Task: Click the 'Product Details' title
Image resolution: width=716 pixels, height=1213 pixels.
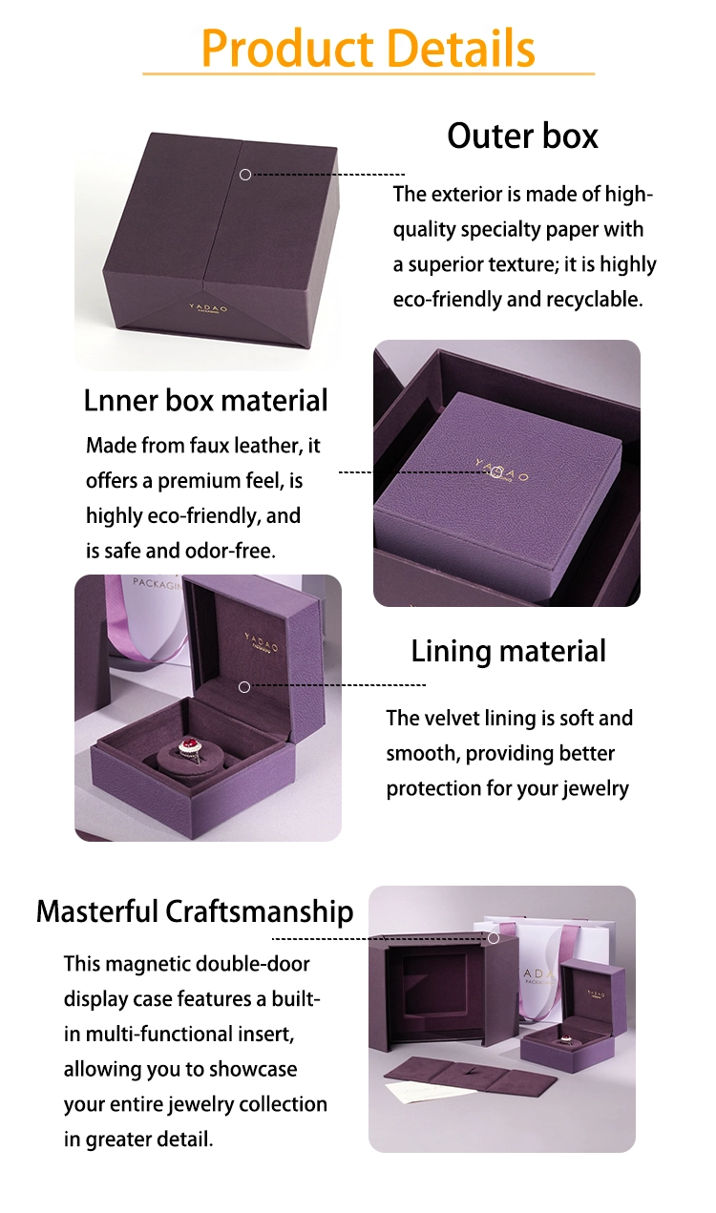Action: (369, 48)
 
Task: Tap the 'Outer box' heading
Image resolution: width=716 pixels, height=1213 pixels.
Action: (522, 136)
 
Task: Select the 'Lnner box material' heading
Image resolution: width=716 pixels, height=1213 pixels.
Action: (206, 401)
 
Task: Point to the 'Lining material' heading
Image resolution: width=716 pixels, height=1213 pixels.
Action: (509, 652)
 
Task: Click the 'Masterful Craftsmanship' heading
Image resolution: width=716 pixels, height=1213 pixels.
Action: (195, 911)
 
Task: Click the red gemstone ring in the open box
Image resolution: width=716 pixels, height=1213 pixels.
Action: (190, 746)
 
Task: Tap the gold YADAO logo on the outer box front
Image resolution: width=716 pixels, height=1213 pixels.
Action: (208, 308)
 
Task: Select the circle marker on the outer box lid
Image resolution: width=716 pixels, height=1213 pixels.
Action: (245, 175)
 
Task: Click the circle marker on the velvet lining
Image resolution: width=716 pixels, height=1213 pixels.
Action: (244, 686)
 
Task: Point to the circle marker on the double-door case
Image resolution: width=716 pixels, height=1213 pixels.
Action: (494, 938)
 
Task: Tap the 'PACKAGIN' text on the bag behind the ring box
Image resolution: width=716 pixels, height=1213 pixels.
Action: (158, 583)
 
